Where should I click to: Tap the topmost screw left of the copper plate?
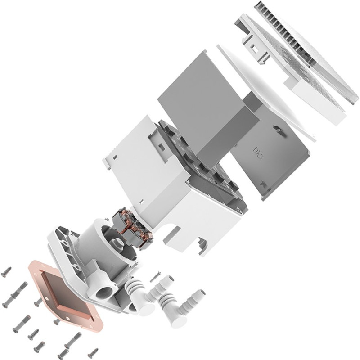point(7,271)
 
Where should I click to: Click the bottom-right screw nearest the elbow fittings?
point(93,351)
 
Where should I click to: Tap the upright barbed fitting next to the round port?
point(135,288)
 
